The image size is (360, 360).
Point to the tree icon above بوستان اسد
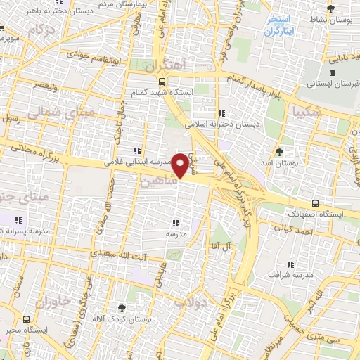[279, 151]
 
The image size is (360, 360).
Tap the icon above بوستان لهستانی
[332, 72]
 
